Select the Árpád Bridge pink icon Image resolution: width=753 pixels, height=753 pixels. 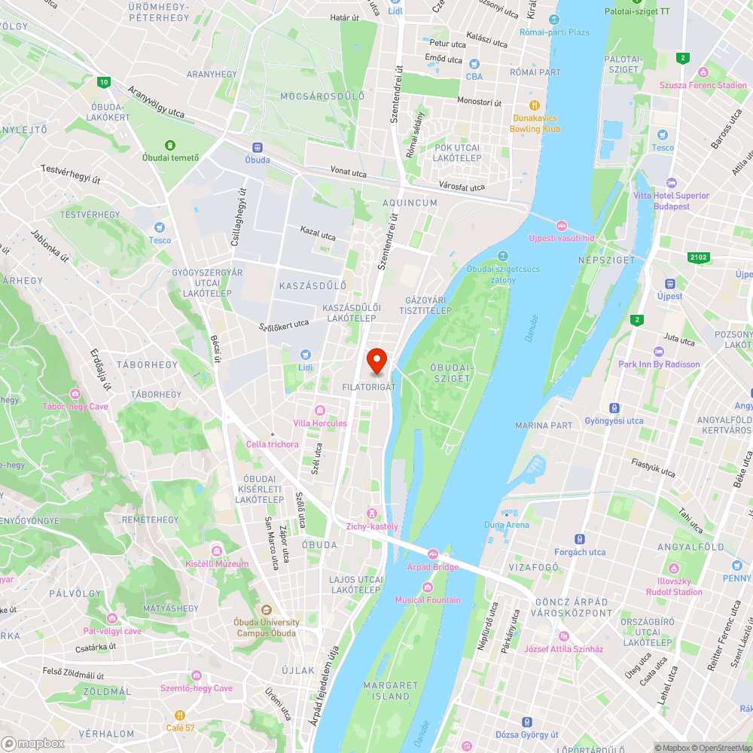(x=433, y=555)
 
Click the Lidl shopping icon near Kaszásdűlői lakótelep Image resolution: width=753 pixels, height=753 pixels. (x=305, y=354)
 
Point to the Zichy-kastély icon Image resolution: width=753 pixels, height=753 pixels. (x=371, y=514)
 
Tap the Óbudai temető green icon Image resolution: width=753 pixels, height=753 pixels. (x=171, y=145)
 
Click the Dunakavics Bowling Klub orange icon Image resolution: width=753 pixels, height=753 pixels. (x=535, y=105)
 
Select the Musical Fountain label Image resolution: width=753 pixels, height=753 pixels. (x=428, y=600)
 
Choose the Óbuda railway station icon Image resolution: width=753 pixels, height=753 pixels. (x=258, y=148)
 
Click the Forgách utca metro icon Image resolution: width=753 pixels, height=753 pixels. (x=579, y=539)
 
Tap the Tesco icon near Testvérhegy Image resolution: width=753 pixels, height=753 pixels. (x=159, y=227)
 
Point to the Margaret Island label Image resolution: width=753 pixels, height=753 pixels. (x=390, y=691)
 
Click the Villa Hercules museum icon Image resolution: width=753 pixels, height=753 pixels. (x=320, y=410)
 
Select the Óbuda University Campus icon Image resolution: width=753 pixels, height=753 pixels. (x=266, y=610)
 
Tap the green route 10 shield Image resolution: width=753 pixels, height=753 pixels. (x=104, y=81)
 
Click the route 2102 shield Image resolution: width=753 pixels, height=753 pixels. (x=698, y=258)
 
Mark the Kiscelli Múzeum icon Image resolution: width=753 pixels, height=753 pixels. (x=216, y=550)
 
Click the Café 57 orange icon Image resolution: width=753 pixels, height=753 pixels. (x=180, y=715)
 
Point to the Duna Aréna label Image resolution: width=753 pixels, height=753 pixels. (x=506, y=525)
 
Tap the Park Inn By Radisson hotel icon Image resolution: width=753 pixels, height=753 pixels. (x=659, y=352)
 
